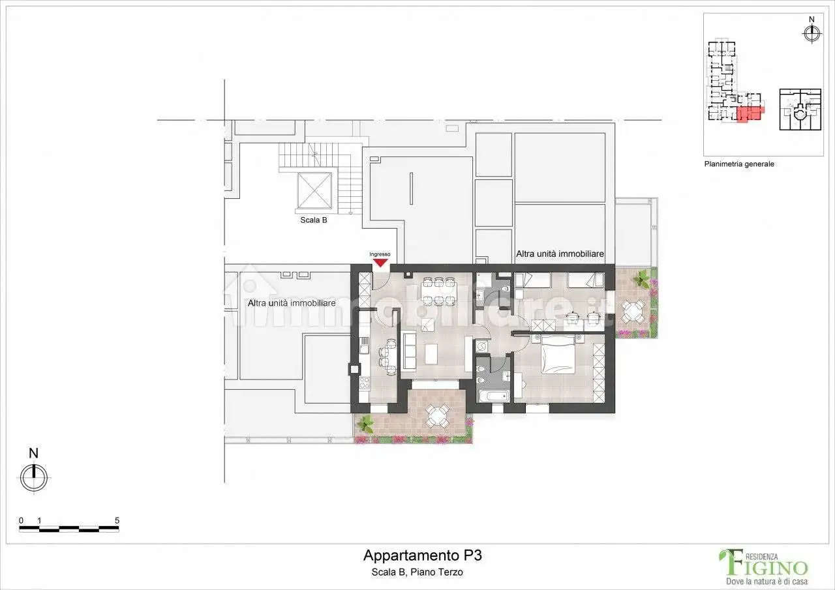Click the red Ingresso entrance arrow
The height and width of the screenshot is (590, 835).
380,263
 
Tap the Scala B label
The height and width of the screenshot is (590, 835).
313,220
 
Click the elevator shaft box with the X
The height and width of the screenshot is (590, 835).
314,190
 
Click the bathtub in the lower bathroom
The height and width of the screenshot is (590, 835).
493,396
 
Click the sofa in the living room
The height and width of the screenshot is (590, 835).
409,349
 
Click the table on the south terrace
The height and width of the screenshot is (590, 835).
436,415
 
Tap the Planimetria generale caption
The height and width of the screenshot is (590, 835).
738,164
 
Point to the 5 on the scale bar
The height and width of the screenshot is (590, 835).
117,520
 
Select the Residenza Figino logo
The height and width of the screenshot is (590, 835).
763,565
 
